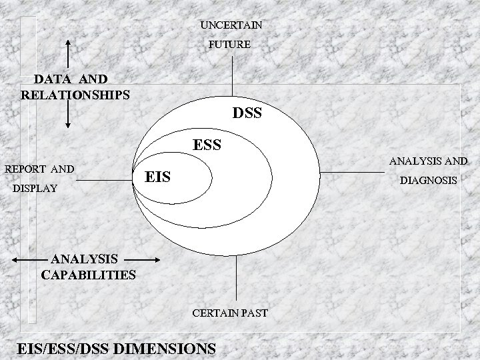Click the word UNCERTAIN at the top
pyautogui.click(x=231, y=25)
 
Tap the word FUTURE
pyautogui.click(x=229, y=45)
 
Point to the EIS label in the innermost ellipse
pyautogui.click(x=158, y=177)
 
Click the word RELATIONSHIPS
pyautogui.click(x=75, y=95)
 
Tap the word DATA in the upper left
pyautogui.click(x=51, y=79)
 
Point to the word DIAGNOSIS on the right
pyautogui.click(x=429, y=181)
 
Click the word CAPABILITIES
pyautogui.click(x=89, y=274)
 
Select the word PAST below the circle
pyautogui.click(x=255, y=311)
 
